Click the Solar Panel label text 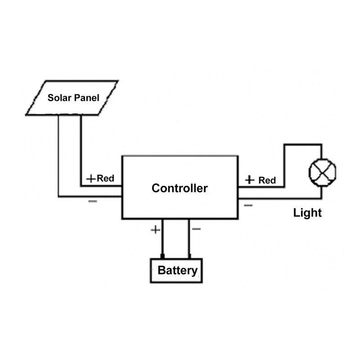[73, 98]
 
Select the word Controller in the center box [180, 188]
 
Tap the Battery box [177, 270]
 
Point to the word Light [307, 212]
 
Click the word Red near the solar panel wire [106, 178]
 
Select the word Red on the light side [267, 180]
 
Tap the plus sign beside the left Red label [91, 179]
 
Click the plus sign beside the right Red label [250, 180]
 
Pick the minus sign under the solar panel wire [92, 201]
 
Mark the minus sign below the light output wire [248, 205]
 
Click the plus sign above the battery [155, 229]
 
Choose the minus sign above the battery [196, 229]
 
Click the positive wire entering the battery [162, 241]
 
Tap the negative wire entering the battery [189, 241]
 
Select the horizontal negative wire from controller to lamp [279, 198]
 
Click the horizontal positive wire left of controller [101, 185]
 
